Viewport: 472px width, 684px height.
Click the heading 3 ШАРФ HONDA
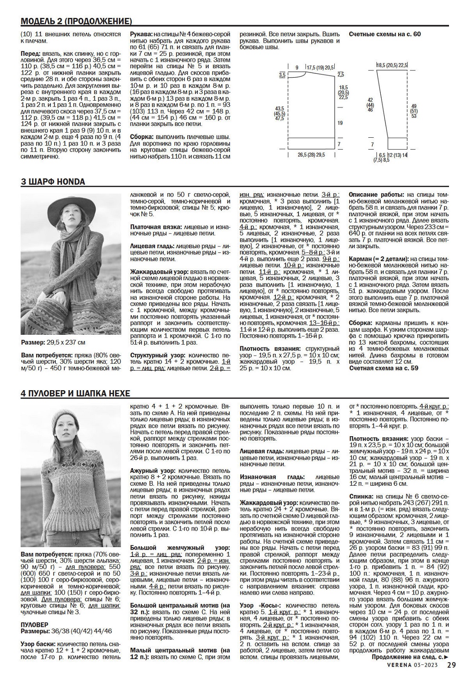53,182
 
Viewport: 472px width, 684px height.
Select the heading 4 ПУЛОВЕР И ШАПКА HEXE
75,394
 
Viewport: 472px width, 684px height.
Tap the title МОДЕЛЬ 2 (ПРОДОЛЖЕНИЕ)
76,21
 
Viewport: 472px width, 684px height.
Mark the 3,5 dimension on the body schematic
282,75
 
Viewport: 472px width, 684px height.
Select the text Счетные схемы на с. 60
385,34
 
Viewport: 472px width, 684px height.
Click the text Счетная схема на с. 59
384,368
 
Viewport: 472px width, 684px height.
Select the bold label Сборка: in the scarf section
361,323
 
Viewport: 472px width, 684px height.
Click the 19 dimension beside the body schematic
340,123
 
